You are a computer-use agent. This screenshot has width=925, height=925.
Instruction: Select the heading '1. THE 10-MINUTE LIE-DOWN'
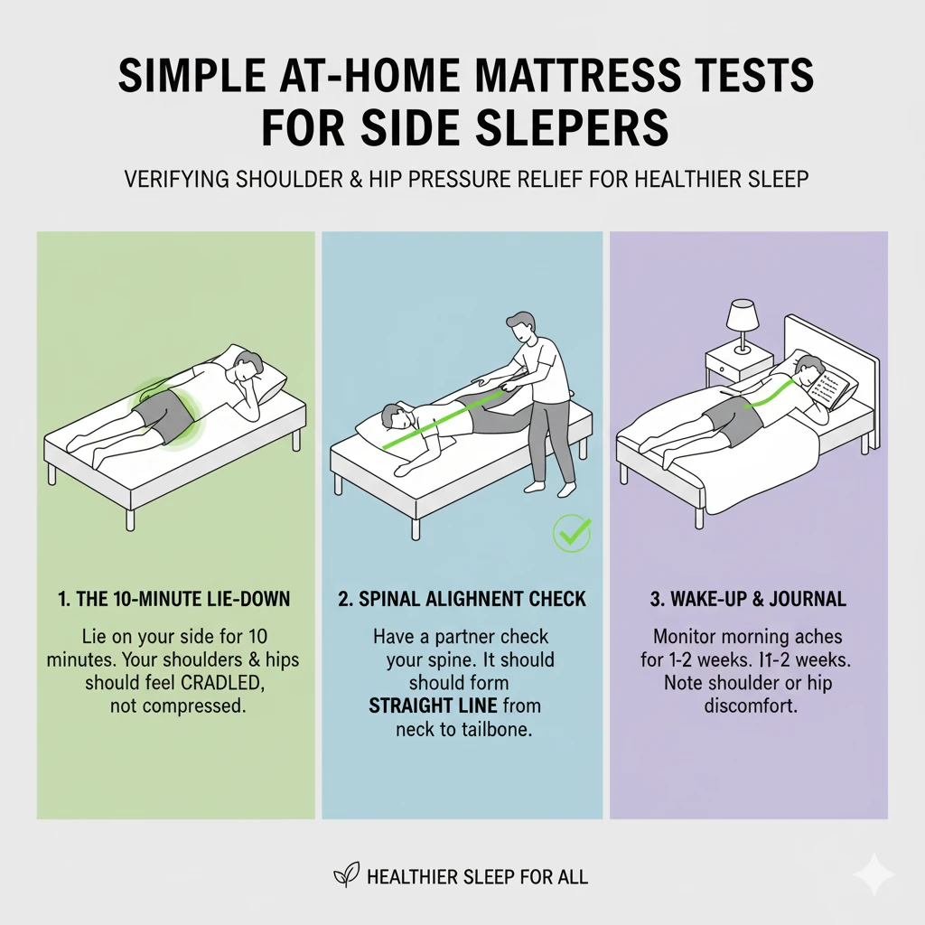pos(175,598)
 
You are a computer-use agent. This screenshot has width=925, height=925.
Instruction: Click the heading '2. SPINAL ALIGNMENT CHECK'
pos(462,598)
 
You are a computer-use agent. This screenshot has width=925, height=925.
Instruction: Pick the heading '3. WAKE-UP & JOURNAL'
pos(749,598)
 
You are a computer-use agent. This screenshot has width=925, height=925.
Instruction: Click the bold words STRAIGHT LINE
pos(426,705)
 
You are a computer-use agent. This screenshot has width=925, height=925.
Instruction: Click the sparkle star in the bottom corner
pos(874,874)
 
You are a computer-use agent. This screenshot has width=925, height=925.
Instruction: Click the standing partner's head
pos(521,330)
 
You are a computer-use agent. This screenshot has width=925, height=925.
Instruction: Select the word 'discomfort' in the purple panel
pos(749,705)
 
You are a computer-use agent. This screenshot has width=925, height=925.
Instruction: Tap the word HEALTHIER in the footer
pos(418,876)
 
